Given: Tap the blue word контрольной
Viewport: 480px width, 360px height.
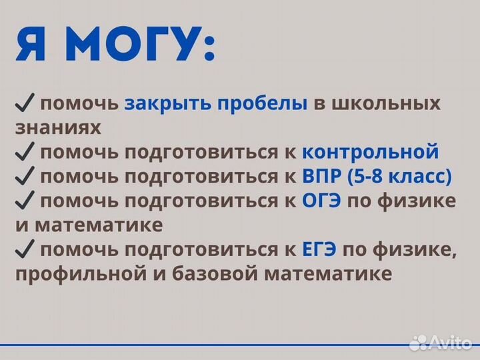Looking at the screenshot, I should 370,151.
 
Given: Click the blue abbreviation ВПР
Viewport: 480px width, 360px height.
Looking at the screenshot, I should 323,176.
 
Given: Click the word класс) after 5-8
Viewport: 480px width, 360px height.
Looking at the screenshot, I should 423,176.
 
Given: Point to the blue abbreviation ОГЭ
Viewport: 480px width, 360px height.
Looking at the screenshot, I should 321,201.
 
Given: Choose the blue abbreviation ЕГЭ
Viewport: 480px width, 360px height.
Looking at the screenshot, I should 320,250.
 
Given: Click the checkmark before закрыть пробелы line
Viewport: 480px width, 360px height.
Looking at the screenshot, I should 25,104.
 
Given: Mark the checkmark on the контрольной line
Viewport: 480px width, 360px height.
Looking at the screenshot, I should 25,152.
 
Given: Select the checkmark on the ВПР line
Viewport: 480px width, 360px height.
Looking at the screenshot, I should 25,176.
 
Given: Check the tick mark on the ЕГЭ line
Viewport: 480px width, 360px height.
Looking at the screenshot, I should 25,250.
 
